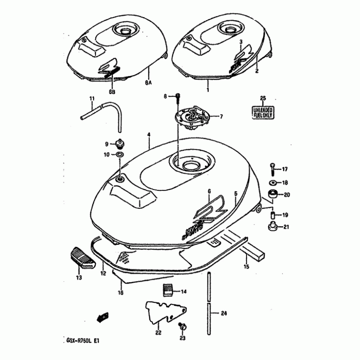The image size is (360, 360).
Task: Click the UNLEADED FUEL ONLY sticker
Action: tap(263, 112)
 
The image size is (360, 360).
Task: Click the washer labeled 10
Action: tap(120, 155)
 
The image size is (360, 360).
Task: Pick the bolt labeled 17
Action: tap(273, 169)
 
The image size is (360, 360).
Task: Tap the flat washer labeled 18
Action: tap(273, 183)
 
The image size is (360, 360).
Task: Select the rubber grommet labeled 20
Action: tap(273, 194)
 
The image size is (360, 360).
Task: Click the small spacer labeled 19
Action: tap(273, 215)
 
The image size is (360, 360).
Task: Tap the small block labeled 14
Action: tap(168, 291)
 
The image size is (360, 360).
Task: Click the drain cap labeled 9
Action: tap(120, 144)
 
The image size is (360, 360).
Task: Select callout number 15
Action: tap(246, 267)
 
